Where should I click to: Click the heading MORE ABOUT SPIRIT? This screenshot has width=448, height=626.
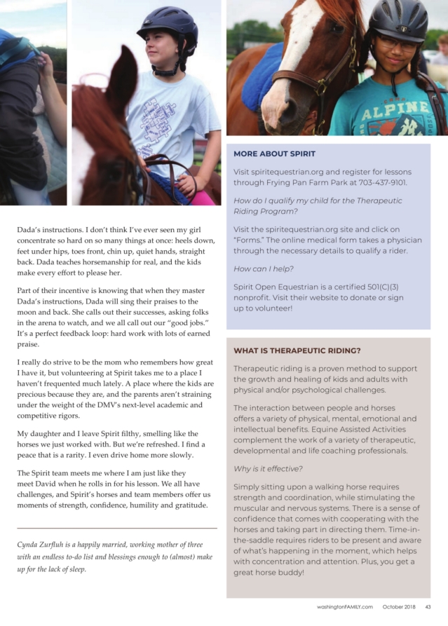274,154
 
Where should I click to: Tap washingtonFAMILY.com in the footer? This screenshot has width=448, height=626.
344,607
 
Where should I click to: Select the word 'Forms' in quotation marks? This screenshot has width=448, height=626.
249,240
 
